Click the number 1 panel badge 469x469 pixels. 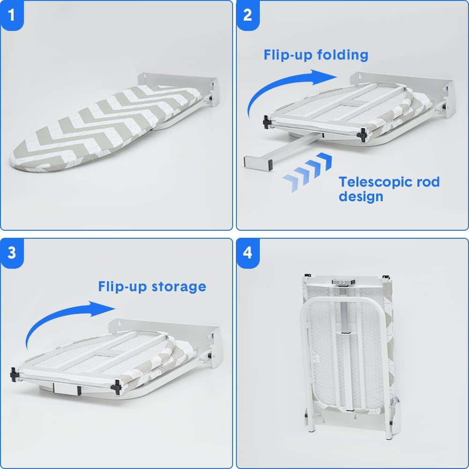tap(12, 15)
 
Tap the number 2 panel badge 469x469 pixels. tap(248, 15)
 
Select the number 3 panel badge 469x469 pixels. tap(12, 253)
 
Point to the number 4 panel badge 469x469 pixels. tap(248, 253)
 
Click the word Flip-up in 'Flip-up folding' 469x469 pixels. tap(288, 55)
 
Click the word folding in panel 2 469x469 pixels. tap(342, 55)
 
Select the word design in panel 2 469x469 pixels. tap(361, 197)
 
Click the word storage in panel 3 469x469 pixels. tap(179, 287)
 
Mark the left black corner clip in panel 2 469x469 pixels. tap(267, 122)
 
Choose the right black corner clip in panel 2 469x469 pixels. tap(362, 135)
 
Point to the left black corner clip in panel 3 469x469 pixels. tap(14, 375)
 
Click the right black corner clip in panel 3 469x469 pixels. tap(116, 387)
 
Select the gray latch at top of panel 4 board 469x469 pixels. tap(343, 282)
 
